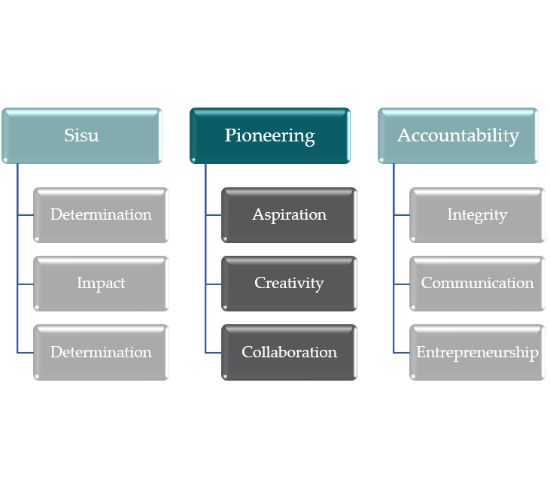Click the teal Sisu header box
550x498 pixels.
pos(81,136)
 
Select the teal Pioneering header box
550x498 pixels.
pos(269,136)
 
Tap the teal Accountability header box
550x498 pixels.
pos(458,136)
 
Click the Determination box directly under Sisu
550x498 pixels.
pos(101,215)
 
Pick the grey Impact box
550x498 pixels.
pos(101,284)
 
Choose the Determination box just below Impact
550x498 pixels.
pos(101,352)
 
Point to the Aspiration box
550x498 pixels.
pos(289,215)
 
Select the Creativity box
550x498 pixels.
pos(289,284)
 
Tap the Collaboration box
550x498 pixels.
pos(289,352)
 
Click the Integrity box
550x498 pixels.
pos(477,215)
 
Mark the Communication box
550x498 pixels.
pos(477,284)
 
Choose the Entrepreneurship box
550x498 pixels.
pos(477,352)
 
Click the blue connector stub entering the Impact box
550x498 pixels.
pos(26,284)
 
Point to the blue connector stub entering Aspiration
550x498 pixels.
pos(214,215)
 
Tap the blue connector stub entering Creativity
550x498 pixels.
pos(214,284)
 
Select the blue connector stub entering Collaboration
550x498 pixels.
pos(214,352)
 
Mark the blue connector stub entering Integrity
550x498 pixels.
pos(402,215)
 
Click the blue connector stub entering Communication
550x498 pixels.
pos(402,284)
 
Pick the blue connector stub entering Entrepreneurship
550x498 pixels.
pos(402,352)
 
